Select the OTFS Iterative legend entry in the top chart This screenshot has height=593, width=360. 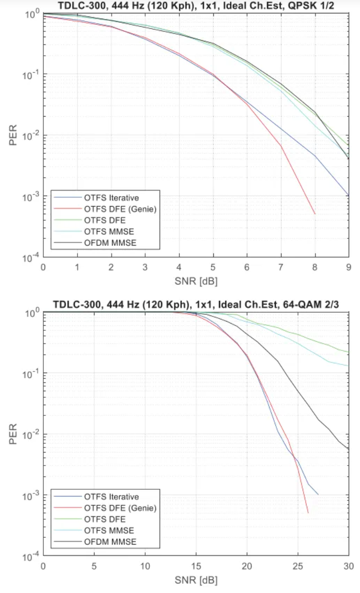point(111,197)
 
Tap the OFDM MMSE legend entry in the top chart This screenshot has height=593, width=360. point(109,243)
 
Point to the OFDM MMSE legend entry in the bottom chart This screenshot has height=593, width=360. point(109,542)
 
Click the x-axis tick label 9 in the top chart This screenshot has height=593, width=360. point(349,267)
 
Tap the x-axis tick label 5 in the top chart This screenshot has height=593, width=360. point(213,267)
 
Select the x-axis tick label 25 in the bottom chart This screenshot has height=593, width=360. point(298,566)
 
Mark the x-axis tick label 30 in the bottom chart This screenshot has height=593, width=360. point(348,566)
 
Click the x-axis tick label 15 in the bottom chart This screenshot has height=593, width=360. point(196,566)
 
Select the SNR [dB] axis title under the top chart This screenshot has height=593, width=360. point(195,279)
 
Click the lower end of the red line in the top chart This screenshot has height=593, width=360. point(315,214)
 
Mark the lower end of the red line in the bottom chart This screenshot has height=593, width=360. point(308,512)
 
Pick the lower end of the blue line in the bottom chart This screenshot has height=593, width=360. point(318,494)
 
